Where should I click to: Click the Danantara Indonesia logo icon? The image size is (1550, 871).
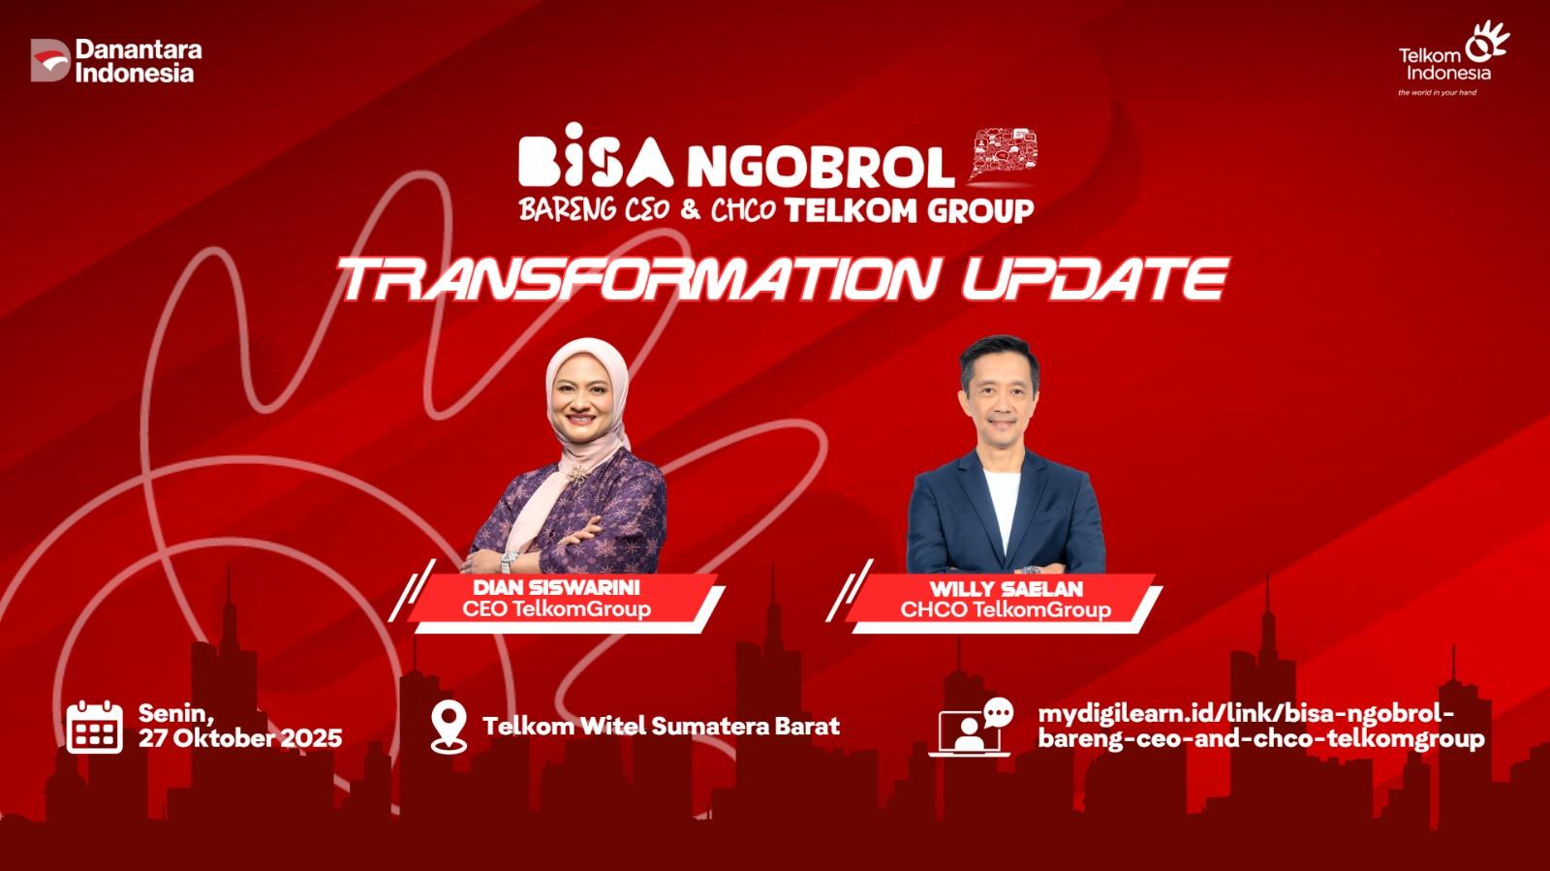click(x=50, y=60)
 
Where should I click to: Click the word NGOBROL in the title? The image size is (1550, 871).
click(x=821, y=167)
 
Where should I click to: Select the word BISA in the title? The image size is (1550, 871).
click(x=596, y=155)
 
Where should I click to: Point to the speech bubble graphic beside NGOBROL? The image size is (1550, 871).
click(x=1003, y=154)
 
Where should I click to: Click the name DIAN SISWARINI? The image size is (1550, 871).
click(x=556, y=587)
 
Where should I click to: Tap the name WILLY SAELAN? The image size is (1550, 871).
click(x=1006, y=589)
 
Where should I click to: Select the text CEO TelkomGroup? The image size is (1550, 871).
click(x=556, y=608)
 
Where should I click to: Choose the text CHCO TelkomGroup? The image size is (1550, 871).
click(x=1006, y=609)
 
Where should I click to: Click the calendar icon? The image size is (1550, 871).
click(x=95, y=727)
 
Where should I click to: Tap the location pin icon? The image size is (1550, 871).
click(x=449, y=727)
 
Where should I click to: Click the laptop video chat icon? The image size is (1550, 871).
click(x=970, y=727)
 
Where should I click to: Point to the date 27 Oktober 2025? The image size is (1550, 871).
click(x=240, y=738)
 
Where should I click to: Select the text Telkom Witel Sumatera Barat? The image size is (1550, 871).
click(x=661, y=726)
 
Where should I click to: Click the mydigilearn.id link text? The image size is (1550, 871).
click(x=1260, y=726)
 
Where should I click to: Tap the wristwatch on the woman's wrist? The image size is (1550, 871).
click(x=510, y=561)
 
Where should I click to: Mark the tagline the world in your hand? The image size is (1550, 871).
click(x=1437, y=92)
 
